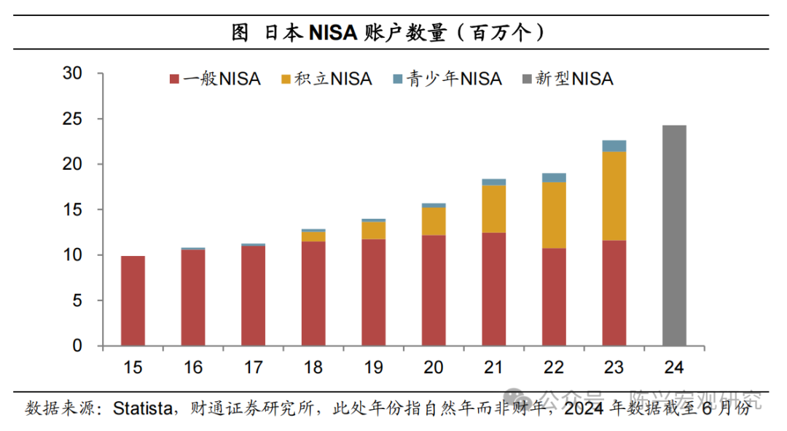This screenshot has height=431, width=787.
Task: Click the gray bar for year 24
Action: pos(674,236)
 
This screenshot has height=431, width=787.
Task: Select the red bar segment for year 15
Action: pos(133,300)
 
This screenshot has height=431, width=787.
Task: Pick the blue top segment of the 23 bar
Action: pos(614,145)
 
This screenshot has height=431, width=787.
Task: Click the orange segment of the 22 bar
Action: pos(554,214)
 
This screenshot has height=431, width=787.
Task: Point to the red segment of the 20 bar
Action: pos(434,290)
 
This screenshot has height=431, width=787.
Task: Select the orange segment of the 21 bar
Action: pos(494,209)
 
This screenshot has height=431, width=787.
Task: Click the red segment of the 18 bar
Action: pos(313,293)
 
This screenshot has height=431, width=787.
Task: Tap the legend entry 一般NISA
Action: pos(215,79)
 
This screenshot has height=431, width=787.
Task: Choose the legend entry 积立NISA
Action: pos(326,79)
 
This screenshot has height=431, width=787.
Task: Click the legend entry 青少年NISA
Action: pos(447,79)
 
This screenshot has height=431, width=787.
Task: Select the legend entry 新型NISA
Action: pos(568,79)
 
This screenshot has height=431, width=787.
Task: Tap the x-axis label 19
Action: pos(373,368)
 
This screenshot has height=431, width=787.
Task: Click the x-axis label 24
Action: pos(674,368)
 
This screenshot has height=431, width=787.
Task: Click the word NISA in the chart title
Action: pos(332,32)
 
